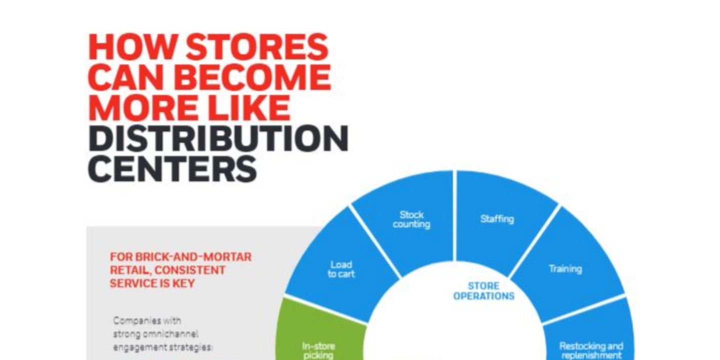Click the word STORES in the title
pos(257,47)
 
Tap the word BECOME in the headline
pos(254,77)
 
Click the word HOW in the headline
pos(132,47)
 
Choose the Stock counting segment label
pos(411,219)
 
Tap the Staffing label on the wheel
pos(497,219)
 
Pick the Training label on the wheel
pos(565,268)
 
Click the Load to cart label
pos(341,269)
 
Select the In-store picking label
pos(318,350)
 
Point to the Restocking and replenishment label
pos(591,350)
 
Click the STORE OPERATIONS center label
pos(484,291)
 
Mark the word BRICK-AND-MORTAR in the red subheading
pos(193,257)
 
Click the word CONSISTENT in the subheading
pos(190,270)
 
